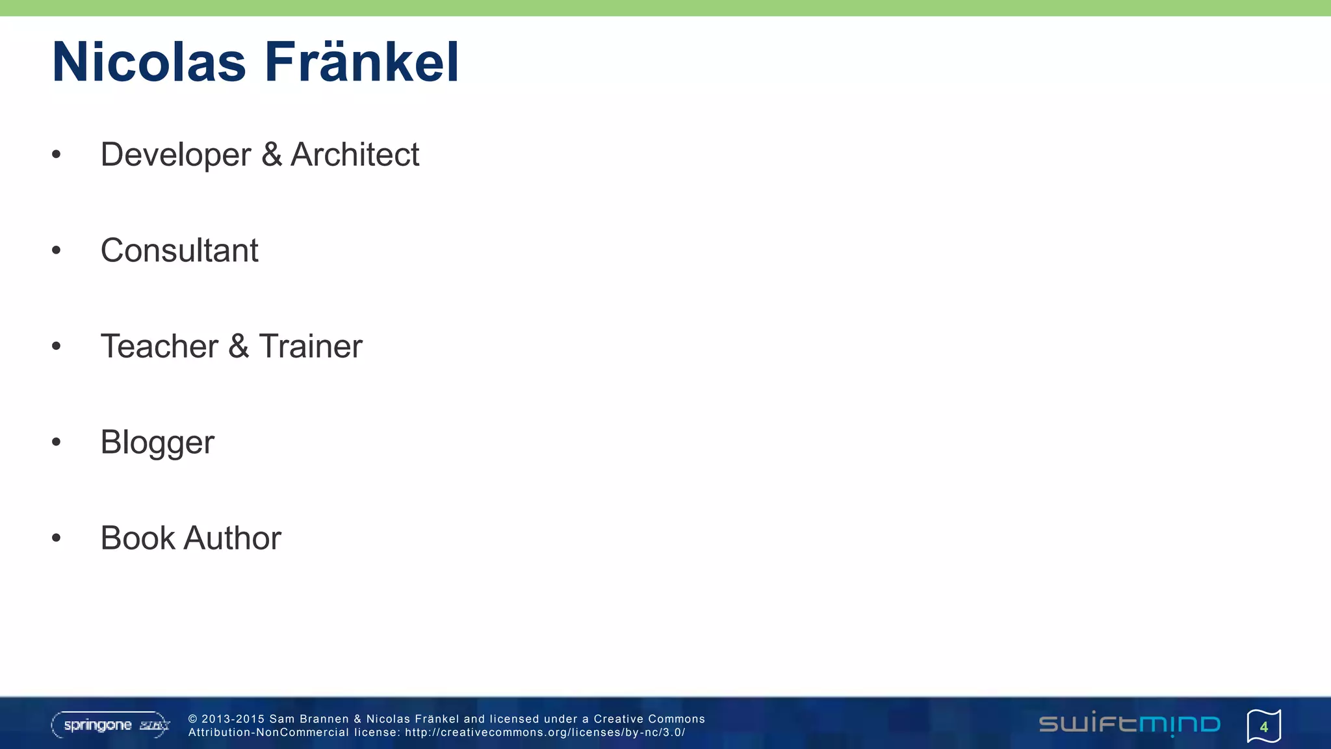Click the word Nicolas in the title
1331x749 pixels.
click(x=149, y=62)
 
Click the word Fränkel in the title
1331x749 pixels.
click(x=361, y=62)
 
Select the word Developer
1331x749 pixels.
click(x=175, y=155)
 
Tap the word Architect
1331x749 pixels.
click(x=355, y=155)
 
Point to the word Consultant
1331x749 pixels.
click(x=179, y=250)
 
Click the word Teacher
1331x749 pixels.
click(x=159, y=346)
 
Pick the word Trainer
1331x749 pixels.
click(x=311, y=346)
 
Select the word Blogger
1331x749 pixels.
click(x=157, y=443)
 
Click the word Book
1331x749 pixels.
click(x=138, y=538)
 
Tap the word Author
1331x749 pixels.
click(x=232, y=538)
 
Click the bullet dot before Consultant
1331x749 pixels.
click(x=57, y=250)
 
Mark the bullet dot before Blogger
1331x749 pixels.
click(x=57, y=442)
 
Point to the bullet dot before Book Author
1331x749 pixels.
click(x=57, y=538)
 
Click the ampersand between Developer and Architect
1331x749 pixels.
click(x=272, y=155)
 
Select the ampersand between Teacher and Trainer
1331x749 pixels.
click(x=239, y=346)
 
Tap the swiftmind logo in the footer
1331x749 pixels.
click(x=1130, y=724)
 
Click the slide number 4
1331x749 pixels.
click(x=1263, y=726)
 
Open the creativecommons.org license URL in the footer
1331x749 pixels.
click(x=545, y=733)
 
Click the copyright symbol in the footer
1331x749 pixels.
click(x=192, y=719)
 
